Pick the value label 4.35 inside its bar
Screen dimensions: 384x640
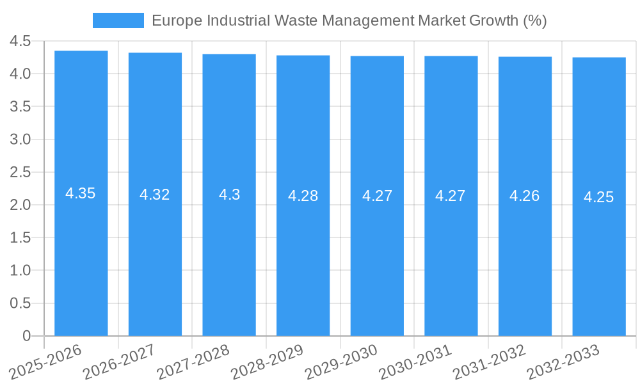click(81, 193)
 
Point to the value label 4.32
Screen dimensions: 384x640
click(155, 195)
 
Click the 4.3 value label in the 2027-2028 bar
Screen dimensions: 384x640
click(229, 195)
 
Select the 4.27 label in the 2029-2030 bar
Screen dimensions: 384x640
click(378, 196)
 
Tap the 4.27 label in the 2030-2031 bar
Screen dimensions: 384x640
click(451, 196)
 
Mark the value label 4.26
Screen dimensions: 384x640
click(525, 196)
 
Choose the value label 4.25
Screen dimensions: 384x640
click(599, 197)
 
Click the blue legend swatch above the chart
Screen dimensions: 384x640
click(118, 20)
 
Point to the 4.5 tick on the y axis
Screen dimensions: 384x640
click(20, 42)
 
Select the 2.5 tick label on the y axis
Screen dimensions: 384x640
click(20, 173)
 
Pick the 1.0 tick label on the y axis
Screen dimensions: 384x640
click(20, 271)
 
